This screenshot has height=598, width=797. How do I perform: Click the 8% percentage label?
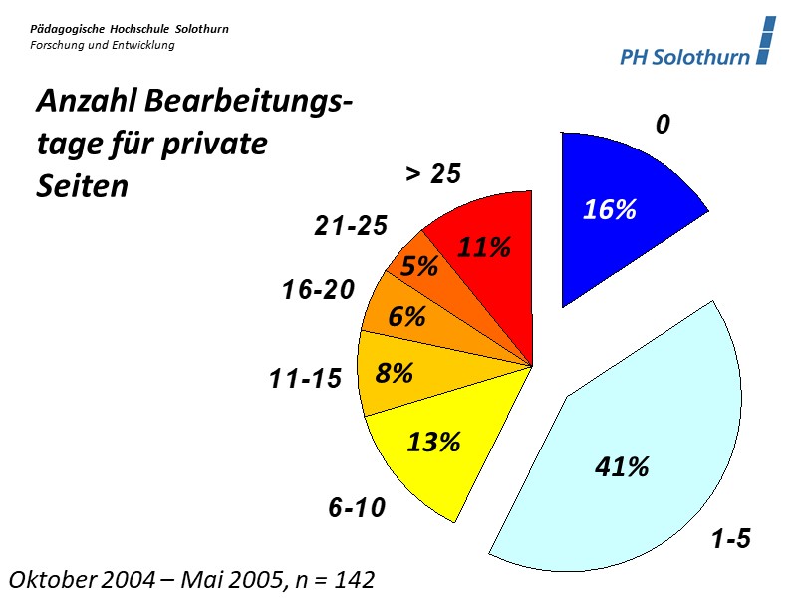395,373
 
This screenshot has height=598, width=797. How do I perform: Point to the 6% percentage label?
407,317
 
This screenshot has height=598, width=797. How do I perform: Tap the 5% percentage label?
419,267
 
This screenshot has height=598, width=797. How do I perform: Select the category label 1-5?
730,540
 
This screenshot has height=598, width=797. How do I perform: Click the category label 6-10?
357,508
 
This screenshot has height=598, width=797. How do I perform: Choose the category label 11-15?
305,379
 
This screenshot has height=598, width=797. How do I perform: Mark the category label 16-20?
318,290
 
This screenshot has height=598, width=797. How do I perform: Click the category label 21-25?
351,226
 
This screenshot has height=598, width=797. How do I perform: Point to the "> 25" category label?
433,173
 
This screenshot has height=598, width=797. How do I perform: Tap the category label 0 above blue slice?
663,125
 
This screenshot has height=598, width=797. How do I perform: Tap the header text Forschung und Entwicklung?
102,45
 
